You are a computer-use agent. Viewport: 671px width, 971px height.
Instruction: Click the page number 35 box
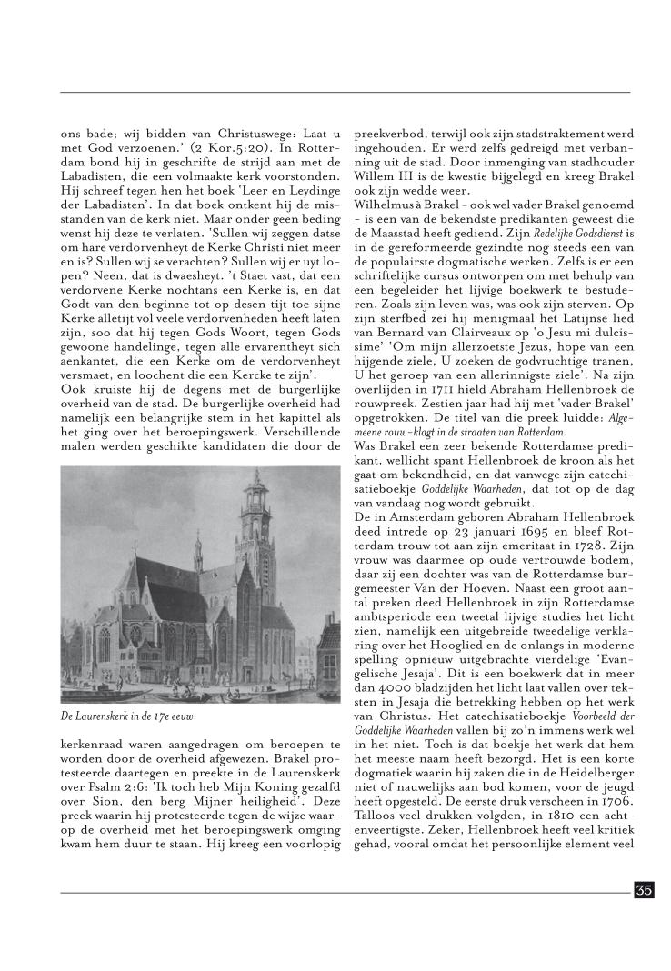coord(644,890)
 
